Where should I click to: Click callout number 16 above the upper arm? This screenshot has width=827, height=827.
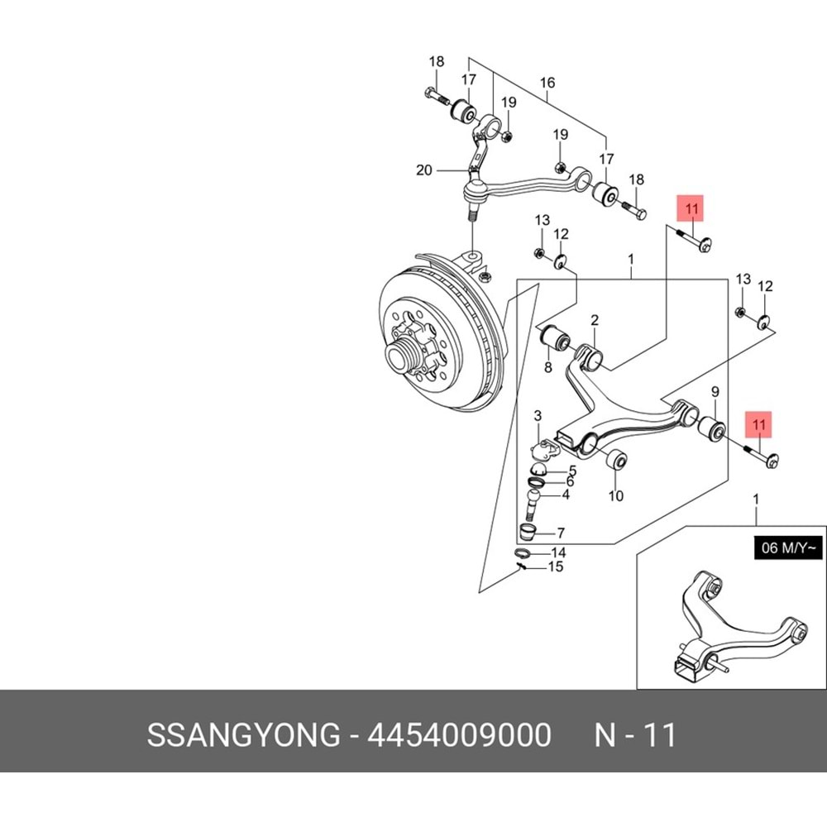pos(547,83)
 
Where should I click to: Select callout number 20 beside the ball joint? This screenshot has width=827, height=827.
pos(424,171)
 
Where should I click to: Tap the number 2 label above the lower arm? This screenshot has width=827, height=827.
pos(594,320)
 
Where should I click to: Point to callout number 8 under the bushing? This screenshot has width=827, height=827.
pos(547,366)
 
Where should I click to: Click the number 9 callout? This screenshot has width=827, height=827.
pos(715,391)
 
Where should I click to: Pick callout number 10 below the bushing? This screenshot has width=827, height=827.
pos(615,496)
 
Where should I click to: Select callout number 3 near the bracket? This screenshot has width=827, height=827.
pos(537,414)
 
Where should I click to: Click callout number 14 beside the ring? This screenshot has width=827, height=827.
pos(559,552)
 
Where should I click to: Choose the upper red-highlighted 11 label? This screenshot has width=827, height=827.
pos(692,210)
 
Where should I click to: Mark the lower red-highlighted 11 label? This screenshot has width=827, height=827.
pos(759,426)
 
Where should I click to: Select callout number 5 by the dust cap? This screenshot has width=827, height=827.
pos(571,471)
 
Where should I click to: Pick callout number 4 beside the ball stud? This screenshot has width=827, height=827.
pos(566,495)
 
